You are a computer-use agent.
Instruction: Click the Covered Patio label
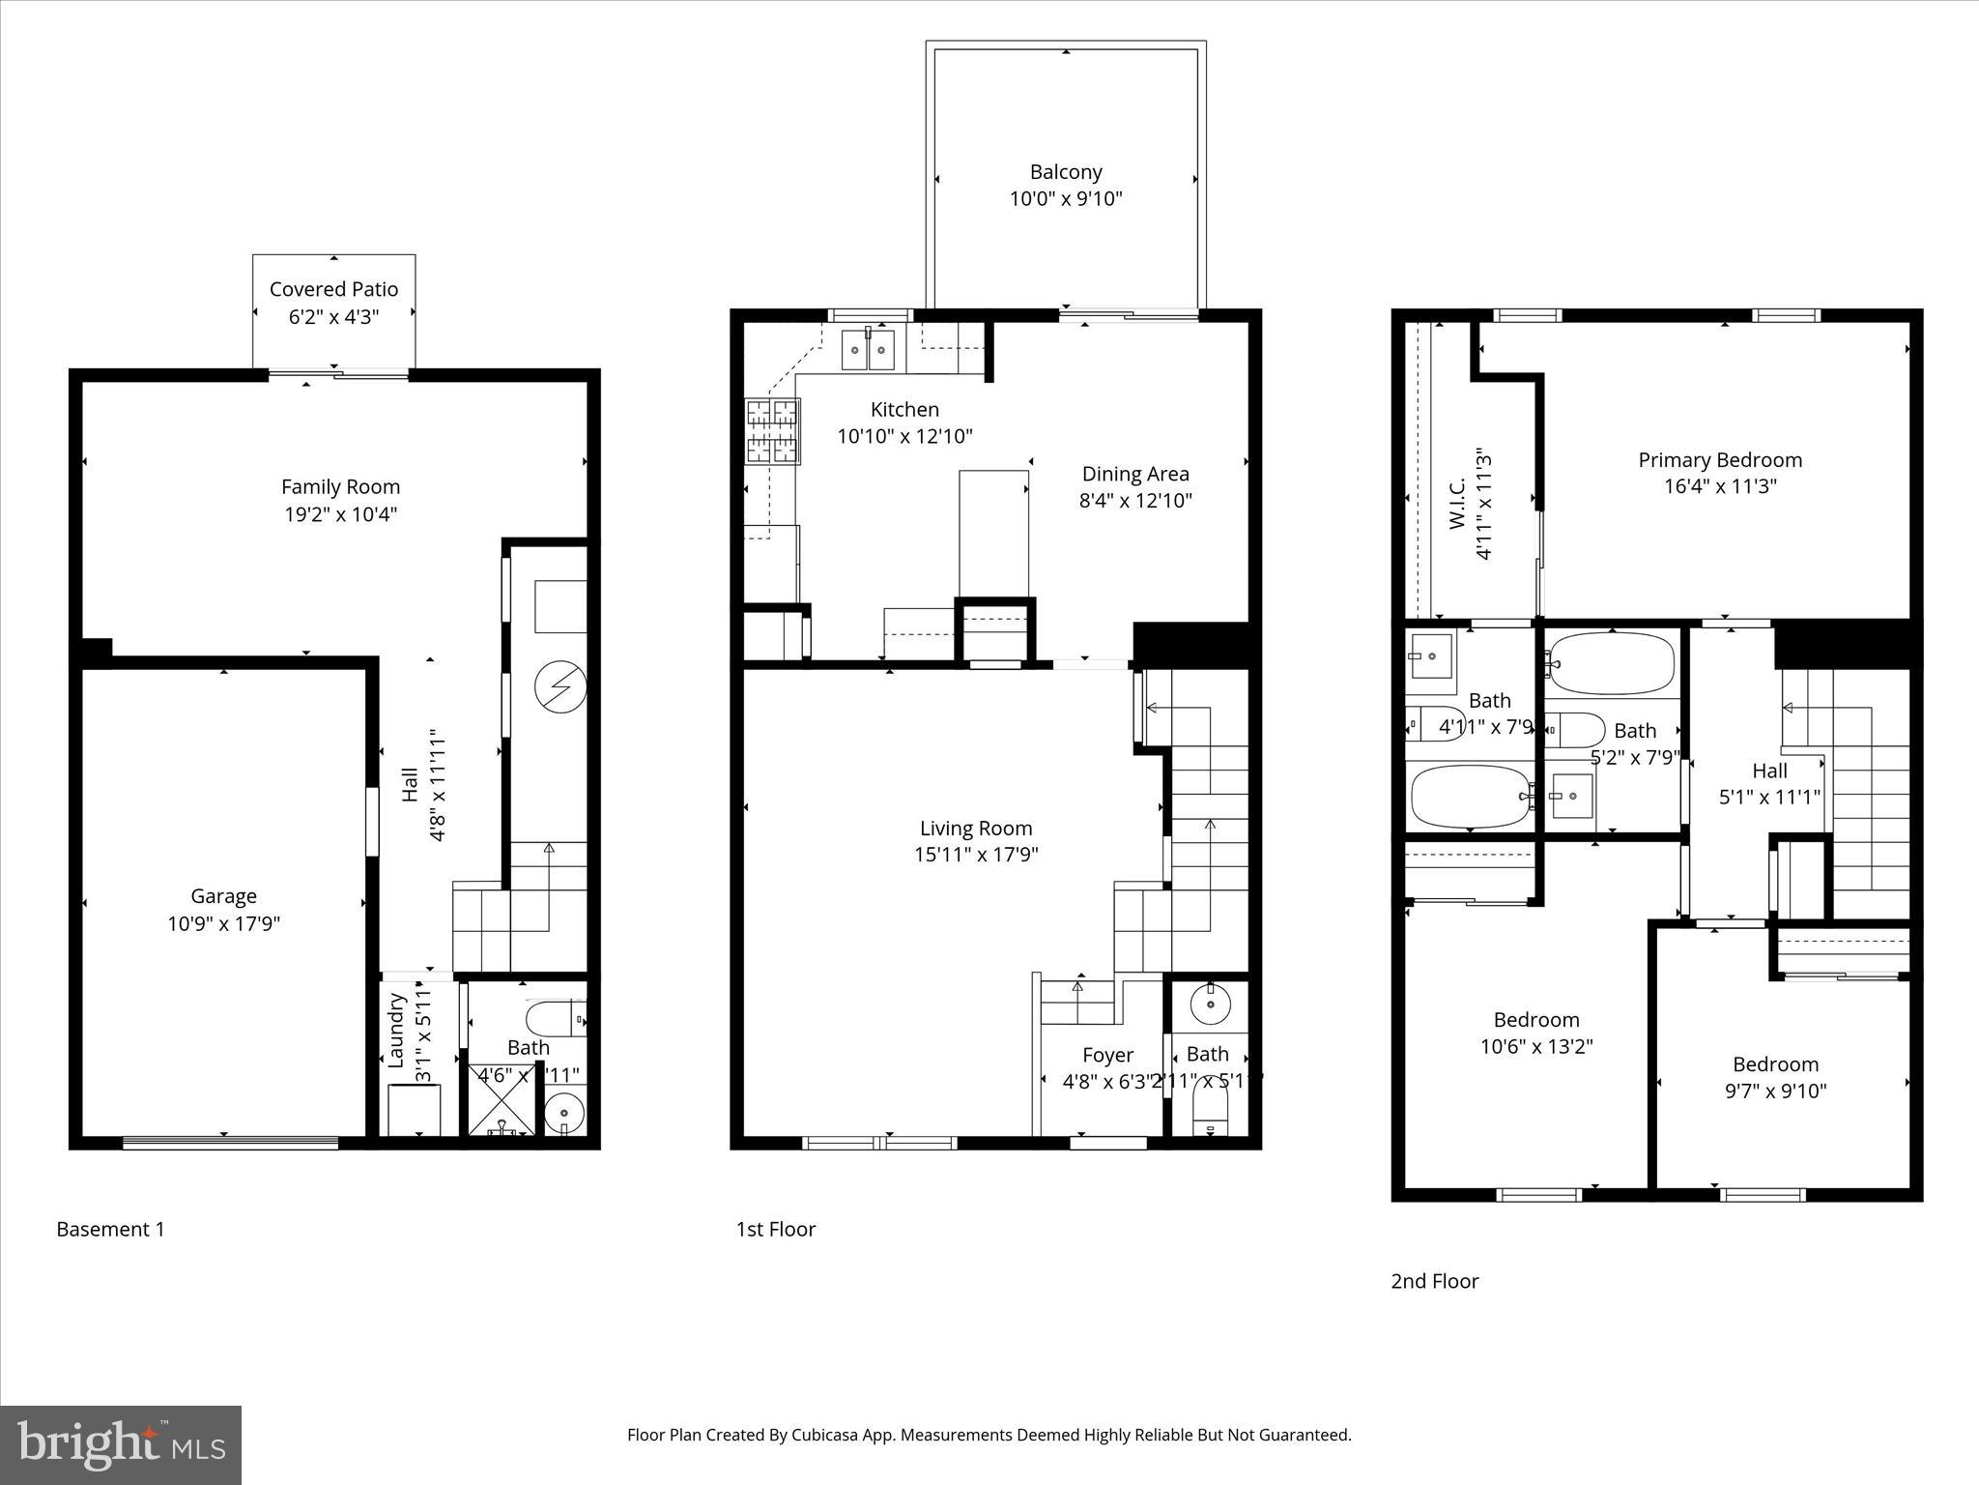(x=333, y=289)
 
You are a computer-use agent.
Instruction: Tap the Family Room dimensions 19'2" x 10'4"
(x=340, y=514)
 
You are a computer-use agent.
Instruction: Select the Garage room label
(x=223, y=896)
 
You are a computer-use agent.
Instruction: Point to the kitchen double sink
(x=868, y=350)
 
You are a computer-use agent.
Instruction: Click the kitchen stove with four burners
(x=773, y=432)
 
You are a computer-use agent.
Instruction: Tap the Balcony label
(x=1066, y=172)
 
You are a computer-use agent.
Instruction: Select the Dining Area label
(x=1135, y=474)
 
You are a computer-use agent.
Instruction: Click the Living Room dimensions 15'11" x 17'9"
(x=976, y=855)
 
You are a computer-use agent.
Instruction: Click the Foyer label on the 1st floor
(x=1107, y=1055)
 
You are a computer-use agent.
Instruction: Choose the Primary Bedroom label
(x=1720, y=460)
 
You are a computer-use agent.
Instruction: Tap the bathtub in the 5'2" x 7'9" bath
(x=1611, y=663)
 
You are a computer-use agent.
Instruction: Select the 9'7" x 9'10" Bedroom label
(x=1775, y=1064)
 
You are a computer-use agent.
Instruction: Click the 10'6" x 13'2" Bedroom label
(x=1536, y=1020)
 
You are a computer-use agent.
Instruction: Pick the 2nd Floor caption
(x=1434, y=1281)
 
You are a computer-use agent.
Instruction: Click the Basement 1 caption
(x=110, y=1230)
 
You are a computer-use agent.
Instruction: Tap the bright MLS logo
(x=121, y=1444)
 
